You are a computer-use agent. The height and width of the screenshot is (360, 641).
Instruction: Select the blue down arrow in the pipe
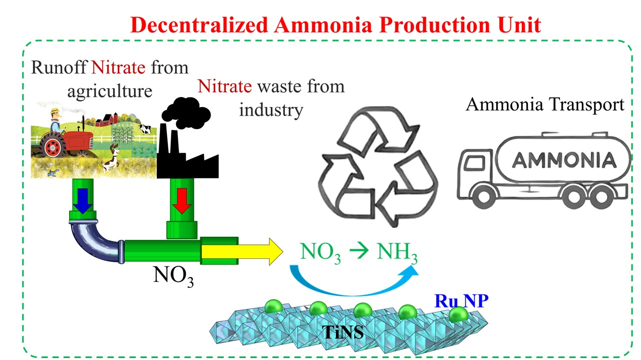pos(82,199)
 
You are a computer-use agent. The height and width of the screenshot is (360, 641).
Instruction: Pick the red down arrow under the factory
pos(182,200)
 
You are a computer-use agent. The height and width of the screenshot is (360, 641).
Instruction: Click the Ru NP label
pos(461,301)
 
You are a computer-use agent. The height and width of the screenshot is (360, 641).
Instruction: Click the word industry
pos(271,109)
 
